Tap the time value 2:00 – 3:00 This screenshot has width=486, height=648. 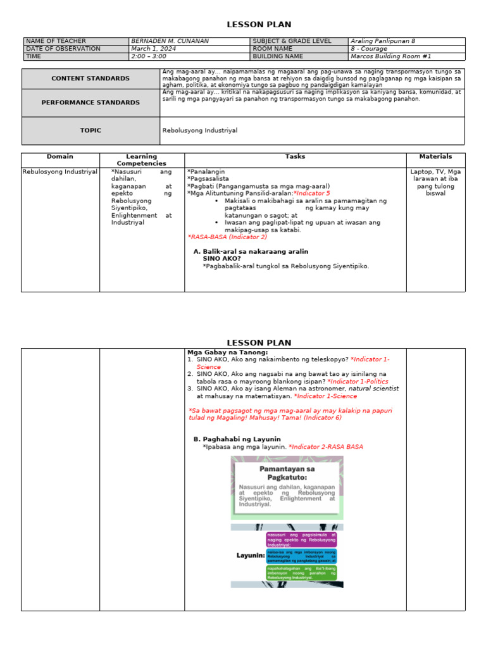(149, 56)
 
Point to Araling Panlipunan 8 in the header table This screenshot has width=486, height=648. (383, 41)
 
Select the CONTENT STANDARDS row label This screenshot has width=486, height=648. (90, 78)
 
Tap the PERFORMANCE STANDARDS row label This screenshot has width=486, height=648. (90, 103)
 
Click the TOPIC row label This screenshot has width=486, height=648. (90, 130)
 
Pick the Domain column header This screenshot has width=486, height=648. (60, 156)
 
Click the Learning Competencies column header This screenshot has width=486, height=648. (141, 159)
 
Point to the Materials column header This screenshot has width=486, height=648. (435, 156)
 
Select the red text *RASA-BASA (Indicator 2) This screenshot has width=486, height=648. (227, 237)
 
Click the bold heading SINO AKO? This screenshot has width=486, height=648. (221, 258)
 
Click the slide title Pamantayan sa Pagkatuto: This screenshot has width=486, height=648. (287, 474)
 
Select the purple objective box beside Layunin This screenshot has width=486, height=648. (301, 539)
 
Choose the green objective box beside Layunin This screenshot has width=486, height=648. (301, 573)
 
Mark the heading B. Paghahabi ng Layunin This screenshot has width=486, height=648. (237, 439)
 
